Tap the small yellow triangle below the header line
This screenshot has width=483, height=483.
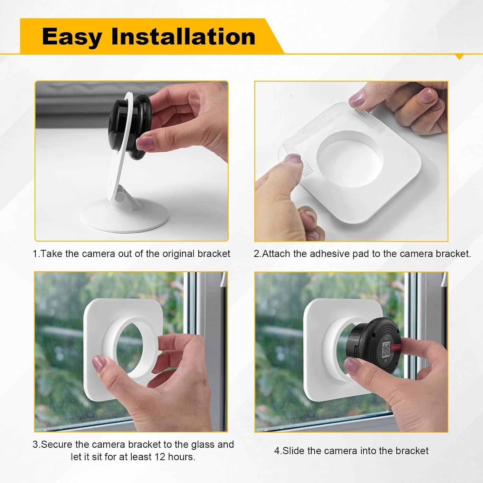tap(460, 58)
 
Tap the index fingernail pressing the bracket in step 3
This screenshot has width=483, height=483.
tap(99, 364)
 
